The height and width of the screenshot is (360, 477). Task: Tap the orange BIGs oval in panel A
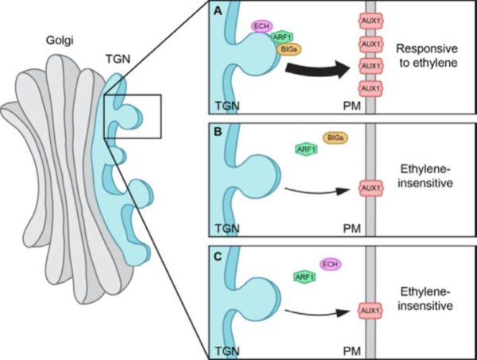pos(289,49)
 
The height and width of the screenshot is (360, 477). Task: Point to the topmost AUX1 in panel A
pos(370,20)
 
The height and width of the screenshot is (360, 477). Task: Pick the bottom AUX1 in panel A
pos(370,87)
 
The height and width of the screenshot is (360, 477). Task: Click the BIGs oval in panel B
pos(333,138)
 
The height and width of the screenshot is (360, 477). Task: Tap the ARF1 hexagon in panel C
pos(303,277)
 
